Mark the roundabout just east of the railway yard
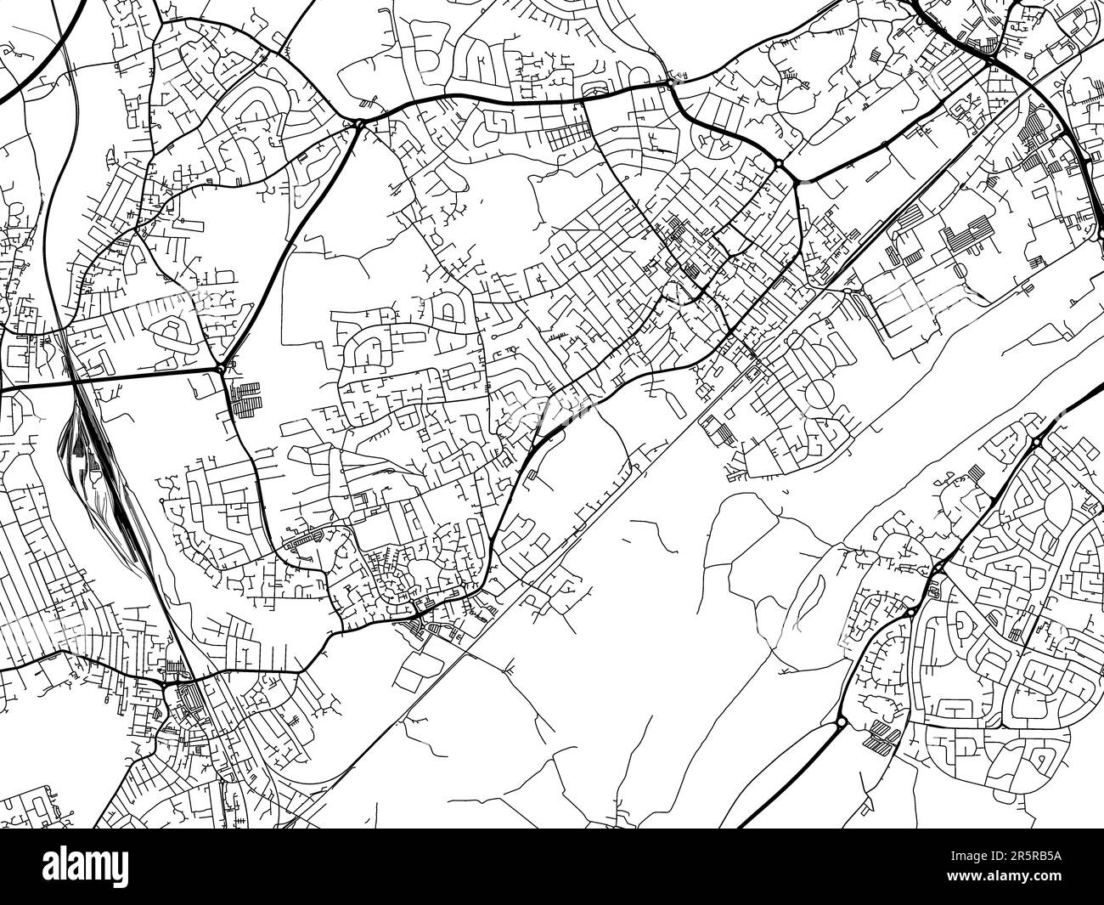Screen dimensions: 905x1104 (221, 369)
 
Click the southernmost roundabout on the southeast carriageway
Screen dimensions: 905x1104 (841, 722)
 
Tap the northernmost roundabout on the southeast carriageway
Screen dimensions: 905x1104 (1038, 442)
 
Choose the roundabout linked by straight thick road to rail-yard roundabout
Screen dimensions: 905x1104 (360, 125)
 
